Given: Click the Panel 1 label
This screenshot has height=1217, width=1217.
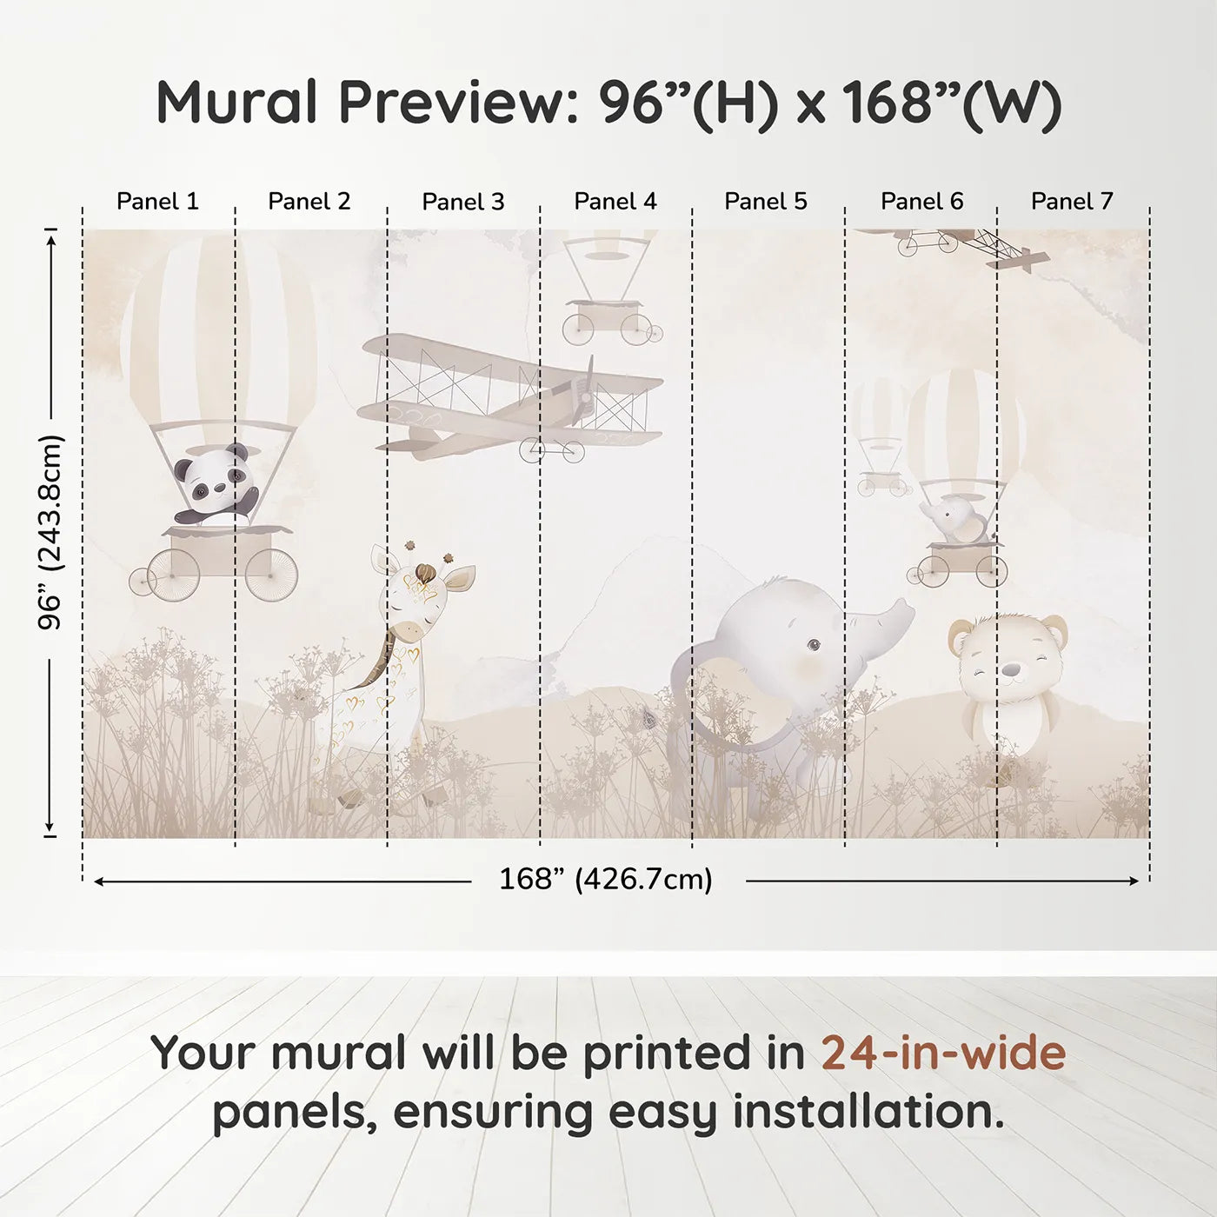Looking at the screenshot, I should click(x=157, y=202).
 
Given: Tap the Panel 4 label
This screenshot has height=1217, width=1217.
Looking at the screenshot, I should click(x=615, y=202).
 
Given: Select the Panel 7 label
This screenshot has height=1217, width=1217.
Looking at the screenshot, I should click(x=1072, y=202).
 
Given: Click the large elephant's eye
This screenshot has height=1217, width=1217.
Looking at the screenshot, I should click(x=813, y=644).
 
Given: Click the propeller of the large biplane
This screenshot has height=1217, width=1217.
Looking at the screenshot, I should click(x=589, y=389).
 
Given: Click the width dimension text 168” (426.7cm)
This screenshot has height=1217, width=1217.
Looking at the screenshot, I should click(x=606, y=880).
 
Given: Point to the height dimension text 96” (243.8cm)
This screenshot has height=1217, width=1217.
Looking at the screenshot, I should click(x=50, y=532).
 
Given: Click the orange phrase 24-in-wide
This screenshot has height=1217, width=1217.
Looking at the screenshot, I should click(x=943, y=1054).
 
